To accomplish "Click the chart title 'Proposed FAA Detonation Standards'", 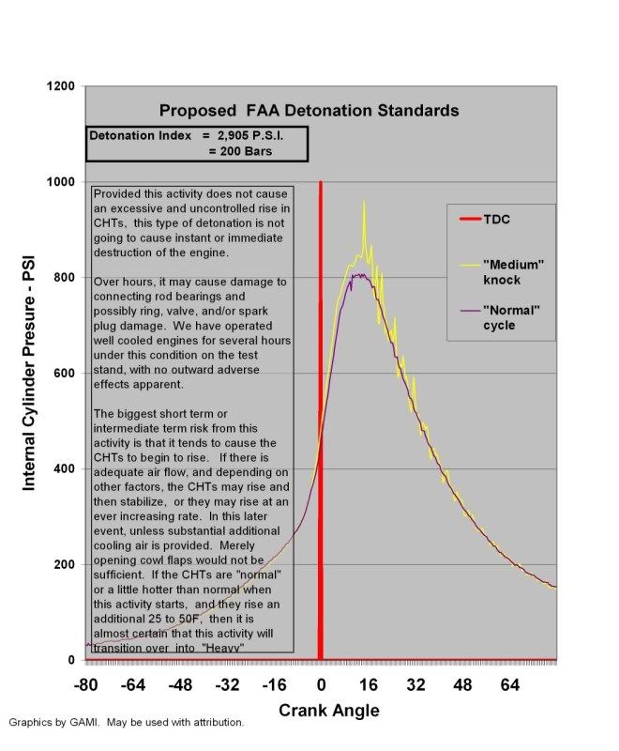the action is click(x=309, y=111).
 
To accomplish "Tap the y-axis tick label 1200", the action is click(x=61, y=86).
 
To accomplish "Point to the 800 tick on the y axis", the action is click(x=64, y=277).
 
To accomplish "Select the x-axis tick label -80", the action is click(x=86, y=685).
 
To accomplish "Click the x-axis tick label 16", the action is click(x=369, y=685).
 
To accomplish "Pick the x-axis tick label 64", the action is click(x=510, y=685).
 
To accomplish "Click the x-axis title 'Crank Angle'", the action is click(x=329, y=711).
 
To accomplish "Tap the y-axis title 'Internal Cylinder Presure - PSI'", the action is click(x=29, y=374).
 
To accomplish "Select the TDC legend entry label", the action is click(x=496, y=220).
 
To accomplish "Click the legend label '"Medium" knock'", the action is click(x=513, y=272).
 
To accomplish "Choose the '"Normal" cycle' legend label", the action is click(x=511, y=317).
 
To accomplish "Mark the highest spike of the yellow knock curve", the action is click(x=364, y=202).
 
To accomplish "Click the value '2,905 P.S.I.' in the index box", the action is click(x=250, y=135).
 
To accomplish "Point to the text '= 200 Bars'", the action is click(x=240, y=151).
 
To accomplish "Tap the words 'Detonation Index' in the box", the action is click(x=140, y=135).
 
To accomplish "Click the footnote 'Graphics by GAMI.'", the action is click(x=54, y=722).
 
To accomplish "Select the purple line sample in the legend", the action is click(x=470, y=311).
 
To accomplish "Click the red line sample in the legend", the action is click(x=470, y=220).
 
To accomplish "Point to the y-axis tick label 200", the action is click(x=64, y=564).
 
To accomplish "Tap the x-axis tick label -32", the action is click(x=227, y=685).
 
